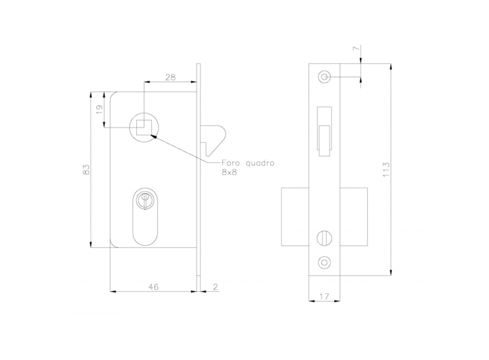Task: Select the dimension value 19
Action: click(100, 109)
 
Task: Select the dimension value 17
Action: click(324, 296)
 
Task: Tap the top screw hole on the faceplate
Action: click(324, 77)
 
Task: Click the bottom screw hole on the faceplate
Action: click(324, 261)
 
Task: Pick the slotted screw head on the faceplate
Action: click(324, 239)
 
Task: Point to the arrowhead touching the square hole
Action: click(154, 136)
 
